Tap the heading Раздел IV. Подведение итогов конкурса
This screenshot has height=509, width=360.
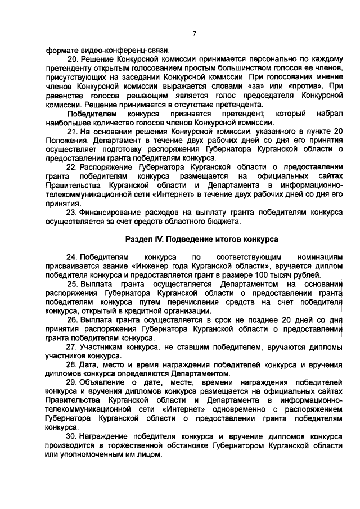[201, 240]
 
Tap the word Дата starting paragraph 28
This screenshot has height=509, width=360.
[90, 366]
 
